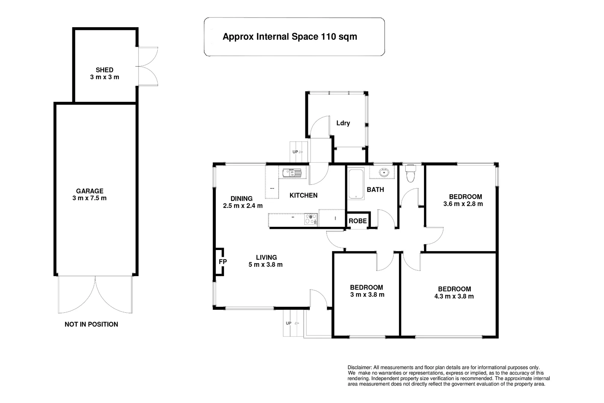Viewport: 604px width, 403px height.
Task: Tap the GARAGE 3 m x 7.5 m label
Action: click(89, 194)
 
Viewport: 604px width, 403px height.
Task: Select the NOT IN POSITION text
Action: click(91, 324)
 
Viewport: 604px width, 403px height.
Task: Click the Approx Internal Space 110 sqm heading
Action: click(290, 37)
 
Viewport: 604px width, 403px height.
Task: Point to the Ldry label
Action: click(343, 123)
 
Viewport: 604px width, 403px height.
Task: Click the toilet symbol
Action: click(411, 173)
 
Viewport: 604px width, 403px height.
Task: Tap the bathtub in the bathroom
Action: click(356, 184)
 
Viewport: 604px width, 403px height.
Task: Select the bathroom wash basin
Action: click(383, 172)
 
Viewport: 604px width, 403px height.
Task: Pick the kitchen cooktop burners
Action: click(311, 219)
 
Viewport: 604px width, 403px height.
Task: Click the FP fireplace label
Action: click(223, 262)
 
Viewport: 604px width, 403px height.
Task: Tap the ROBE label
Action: click(358, 221)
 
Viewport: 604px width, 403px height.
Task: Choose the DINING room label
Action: click(242, 199)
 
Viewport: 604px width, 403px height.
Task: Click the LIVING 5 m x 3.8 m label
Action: click(266, 261)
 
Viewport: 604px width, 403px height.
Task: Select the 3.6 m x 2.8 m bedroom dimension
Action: click(463, 204)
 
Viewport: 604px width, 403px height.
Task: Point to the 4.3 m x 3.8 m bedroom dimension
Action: click(454, 296)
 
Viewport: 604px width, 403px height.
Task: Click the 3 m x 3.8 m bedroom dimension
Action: click(367, 295)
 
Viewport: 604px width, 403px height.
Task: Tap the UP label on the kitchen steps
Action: click(295, 152)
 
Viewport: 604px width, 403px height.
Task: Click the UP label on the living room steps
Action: click(289, 323)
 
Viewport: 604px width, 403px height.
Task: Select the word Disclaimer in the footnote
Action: click(360, 368)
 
